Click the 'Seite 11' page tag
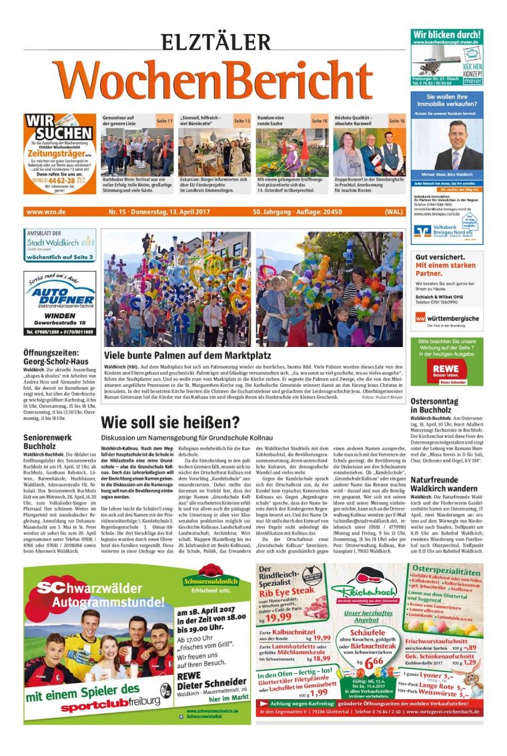(165, 121)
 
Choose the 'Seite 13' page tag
(242, 121)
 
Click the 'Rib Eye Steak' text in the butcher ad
(287, 592)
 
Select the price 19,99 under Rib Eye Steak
(278, 617)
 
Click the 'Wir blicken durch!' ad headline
(446, 34)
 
